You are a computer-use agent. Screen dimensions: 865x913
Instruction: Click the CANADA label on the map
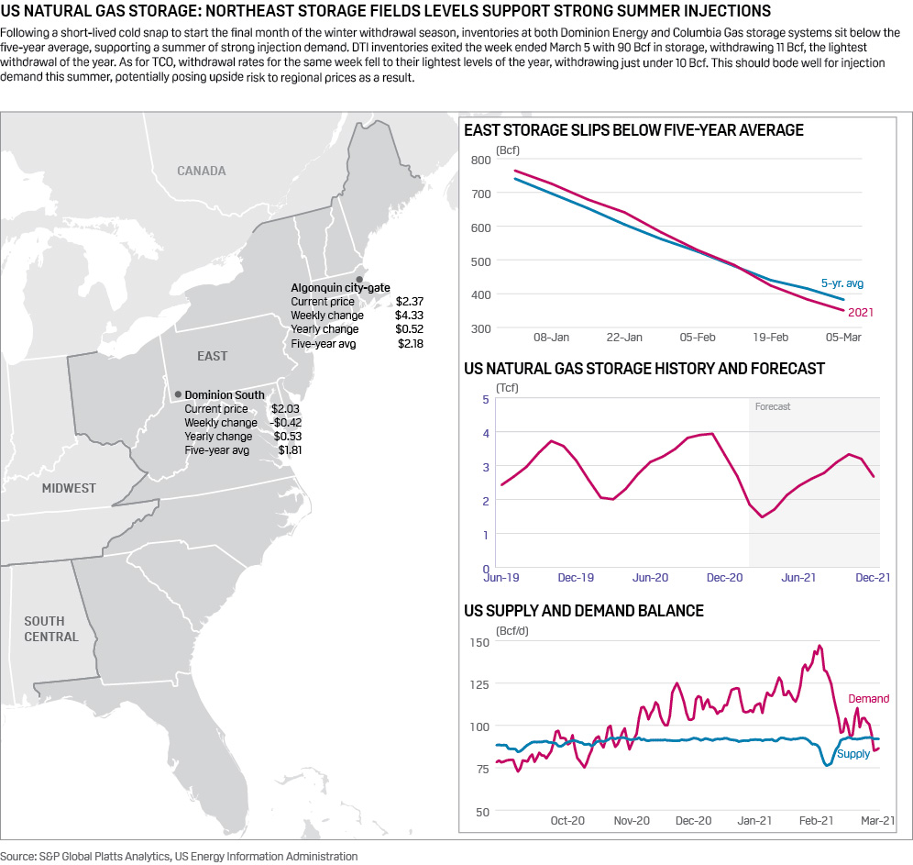(201, 171)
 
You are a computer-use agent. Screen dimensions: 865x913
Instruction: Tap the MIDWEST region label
(69, 488)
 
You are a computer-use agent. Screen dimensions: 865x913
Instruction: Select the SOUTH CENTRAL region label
(51, 629)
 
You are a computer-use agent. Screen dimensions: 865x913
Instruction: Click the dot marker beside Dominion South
(178, 394)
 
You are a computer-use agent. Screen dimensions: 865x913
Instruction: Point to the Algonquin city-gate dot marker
(359, 279)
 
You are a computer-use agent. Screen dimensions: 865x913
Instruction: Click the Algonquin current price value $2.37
(409, 301)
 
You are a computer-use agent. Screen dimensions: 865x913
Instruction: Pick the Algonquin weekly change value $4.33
(409, 315)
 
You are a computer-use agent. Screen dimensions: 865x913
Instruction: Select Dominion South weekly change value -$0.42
(286, 423)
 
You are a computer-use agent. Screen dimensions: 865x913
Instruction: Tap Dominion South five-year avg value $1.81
(290, 450)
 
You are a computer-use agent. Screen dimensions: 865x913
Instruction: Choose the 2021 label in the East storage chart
(860, 313)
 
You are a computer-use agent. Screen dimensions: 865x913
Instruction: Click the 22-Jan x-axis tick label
(625, 338)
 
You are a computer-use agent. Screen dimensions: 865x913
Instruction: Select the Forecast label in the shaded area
(773, 406)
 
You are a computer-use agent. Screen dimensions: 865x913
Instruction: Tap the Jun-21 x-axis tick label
(798, 577)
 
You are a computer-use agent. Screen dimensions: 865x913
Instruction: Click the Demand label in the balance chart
(867, 699)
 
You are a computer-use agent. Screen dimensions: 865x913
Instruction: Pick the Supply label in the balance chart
(854, 754)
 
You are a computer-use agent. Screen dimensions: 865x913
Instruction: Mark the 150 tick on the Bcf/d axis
(480, 641)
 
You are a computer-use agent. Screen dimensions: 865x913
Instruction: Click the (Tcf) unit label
(507, 388)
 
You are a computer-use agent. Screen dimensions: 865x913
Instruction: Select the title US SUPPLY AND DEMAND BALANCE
(584, 611)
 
